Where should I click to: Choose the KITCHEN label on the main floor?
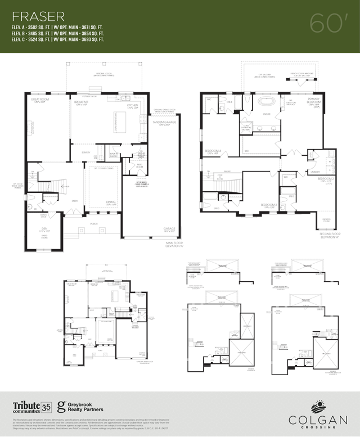click(x=133, y=105)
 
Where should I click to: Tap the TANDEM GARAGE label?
click(x=164, y=121)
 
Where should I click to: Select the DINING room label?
click(x=110, y=202)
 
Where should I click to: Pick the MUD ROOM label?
click(x=140, y=166)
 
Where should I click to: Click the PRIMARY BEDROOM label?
click(x=313, y=101)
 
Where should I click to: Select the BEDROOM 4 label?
click(x=212, y=151)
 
